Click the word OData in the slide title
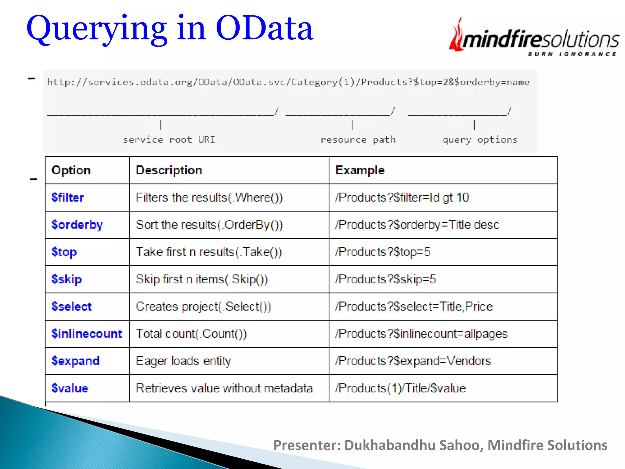pyautogui.click(x=264, y=28)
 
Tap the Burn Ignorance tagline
pyautogui.click(x=572, y=54)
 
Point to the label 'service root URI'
pyautogui.click(x=169, y=140)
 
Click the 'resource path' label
pyautogui.click(x=358, y=140)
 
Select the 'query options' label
pyautogui.click(x=480, y=140)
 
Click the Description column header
pyautogui.click(x=169, y=170)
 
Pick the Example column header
pyautogui.click(x=359, y=170)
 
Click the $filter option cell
pyautogui.click(x=68, y=198)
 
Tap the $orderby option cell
pyautogui.click(x=77, y=225)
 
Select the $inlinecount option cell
pyautogui.click(x=87, y=334)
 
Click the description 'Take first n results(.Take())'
pyautogui.click(x=209, y=252)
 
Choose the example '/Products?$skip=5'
pyautogui.click(x=385, y=279)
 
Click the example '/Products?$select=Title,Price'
pyautogui.click(x=414, y=306)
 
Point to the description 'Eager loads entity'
pyautogui.click(x=183, y=361)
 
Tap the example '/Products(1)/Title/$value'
pyautogui.click(x=400, y=388)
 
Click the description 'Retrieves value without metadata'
pyautogui.click(x=224, y=388)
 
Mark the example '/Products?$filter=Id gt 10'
pyautogui.click(x=402, y=198)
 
